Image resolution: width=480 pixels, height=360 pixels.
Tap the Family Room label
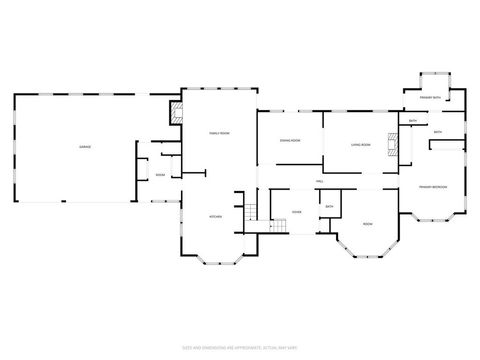[219, 133]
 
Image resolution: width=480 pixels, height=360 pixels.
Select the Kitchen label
[214, 217]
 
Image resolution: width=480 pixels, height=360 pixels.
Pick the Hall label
[319, 181]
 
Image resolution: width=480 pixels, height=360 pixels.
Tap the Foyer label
[296, 212]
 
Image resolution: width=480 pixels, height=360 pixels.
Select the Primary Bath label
[429, 97]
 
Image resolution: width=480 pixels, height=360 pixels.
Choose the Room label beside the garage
[160, 175]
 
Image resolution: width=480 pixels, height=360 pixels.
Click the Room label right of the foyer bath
[367, 223]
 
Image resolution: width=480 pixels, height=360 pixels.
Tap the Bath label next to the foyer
[329, 207]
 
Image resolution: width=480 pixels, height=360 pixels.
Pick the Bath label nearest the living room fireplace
[413, 121]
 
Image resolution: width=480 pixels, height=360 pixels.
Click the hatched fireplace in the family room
[176, 113]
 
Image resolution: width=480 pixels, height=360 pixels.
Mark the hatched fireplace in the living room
[393, 146]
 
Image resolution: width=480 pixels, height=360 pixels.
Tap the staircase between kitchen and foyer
[253, 210]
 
